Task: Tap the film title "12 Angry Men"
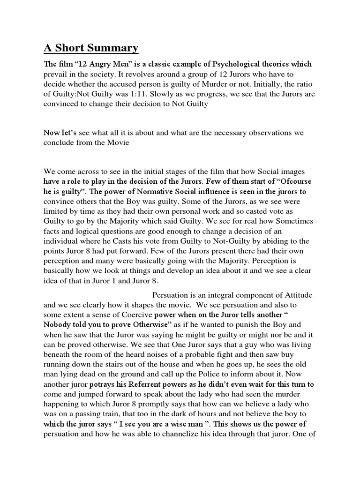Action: tap(102, 64)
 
